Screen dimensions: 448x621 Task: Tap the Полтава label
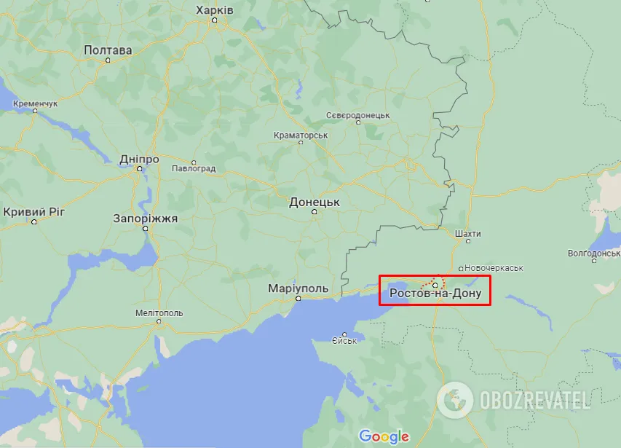click(x=108, y=50)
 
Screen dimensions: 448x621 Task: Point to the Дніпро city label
click(x=140, y=159)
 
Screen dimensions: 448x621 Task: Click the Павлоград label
click(x=194, y=169)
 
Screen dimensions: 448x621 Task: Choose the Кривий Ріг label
click(x=34, y=212)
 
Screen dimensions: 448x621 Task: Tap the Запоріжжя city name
click(x=145, y=218)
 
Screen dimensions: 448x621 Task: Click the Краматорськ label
click(x=301, y=135)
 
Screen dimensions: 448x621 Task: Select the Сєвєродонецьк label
click(x=357, y=116)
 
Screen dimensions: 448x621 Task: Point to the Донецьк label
click(x=315, y=202)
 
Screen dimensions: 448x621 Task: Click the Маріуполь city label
click(x=298, y=288)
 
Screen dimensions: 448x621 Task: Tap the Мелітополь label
click(x=159, y=313)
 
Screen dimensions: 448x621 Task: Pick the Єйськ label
click(x=344, y=340)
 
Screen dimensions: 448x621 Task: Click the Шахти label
click(x=467, y=234)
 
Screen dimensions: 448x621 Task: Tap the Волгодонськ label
click(x=593, y=254)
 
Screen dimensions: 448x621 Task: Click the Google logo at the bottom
click(x=384, y=436)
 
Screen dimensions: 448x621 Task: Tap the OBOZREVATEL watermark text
click(x=533, y=399)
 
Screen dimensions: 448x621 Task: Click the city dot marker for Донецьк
click(x=315, y=212)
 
